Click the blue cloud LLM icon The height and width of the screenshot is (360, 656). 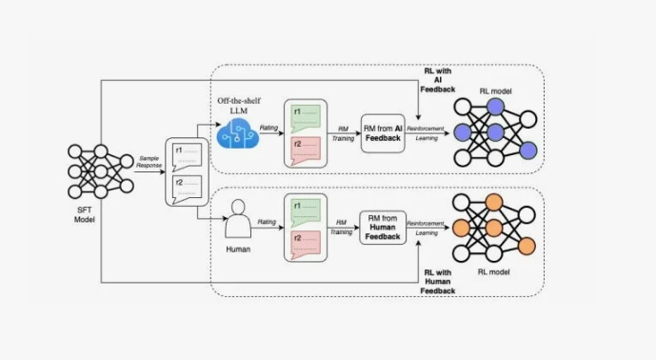click(x=238, y=133)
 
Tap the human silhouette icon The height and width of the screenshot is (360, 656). click(x=238, y=219)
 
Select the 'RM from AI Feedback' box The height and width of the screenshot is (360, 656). click(x=383, y=133)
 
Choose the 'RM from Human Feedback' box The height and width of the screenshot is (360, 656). click(x=383, y=228)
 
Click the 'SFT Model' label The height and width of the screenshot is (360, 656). click(x=85, y=214)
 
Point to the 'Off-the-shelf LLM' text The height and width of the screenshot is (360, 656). click(x=239, y=106)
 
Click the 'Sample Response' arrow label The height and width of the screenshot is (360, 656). click(x=149, y=162)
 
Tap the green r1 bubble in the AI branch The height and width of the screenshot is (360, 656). click(x=306, y=118)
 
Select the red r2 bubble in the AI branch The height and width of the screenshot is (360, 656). click(x=306, y=150)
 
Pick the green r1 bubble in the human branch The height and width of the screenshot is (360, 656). click(x=306, y=212)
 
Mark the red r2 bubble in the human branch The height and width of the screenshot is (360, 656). click(x=306, y=245)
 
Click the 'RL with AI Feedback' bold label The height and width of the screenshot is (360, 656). click(x=438, y=80)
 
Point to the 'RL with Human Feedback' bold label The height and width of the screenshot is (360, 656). click(x=438, y=282)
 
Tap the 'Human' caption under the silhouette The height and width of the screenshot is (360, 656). click(x=238, y=250)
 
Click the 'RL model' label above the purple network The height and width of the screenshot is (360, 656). click(x=495, y=90)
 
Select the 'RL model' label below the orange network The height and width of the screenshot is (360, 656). click(x=494, y=272)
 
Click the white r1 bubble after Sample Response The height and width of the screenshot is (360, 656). click(x=187, y=156)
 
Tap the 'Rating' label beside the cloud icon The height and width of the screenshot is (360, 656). click(x=268, y=128)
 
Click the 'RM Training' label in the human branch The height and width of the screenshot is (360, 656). click(x=342, y=227)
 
